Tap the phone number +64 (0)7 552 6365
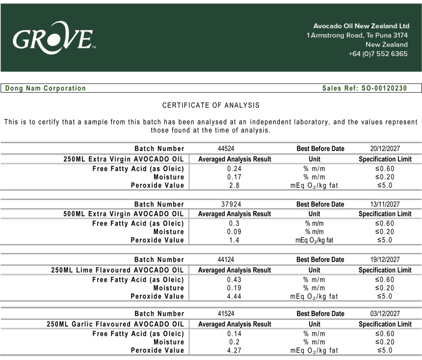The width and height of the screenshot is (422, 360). click(378, 53)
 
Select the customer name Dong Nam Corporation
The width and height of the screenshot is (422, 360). click(46, 88)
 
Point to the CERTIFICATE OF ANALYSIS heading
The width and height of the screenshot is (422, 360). click(211, 105)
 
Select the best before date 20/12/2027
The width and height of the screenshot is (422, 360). click(385, 149)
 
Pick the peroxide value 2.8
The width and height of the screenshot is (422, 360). click(234, 185)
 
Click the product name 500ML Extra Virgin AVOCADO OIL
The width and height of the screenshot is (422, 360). click(124, 214)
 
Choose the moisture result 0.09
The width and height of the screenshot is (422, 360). click(234, 231)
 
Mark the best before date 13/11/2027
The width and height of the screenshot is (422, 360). click(385, 204)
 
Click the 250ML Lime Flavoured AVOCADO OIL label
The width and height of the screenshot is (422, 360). click(118, 270)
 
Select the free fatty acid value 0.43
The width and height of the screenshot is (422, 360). click(234, 280)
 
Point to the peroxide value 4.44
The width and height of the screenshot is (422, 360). click(234, 296)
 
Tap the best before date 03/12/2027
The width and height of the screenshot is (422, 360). click(385, 313)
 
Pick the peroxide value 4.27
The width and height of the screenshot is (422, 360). click(234, 350)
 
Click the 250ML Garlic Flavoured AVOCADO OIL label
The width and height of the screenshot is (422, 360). click(115, 324)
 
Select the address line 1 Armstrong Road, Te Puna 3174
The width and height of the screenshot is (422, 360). click(357, 35)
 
